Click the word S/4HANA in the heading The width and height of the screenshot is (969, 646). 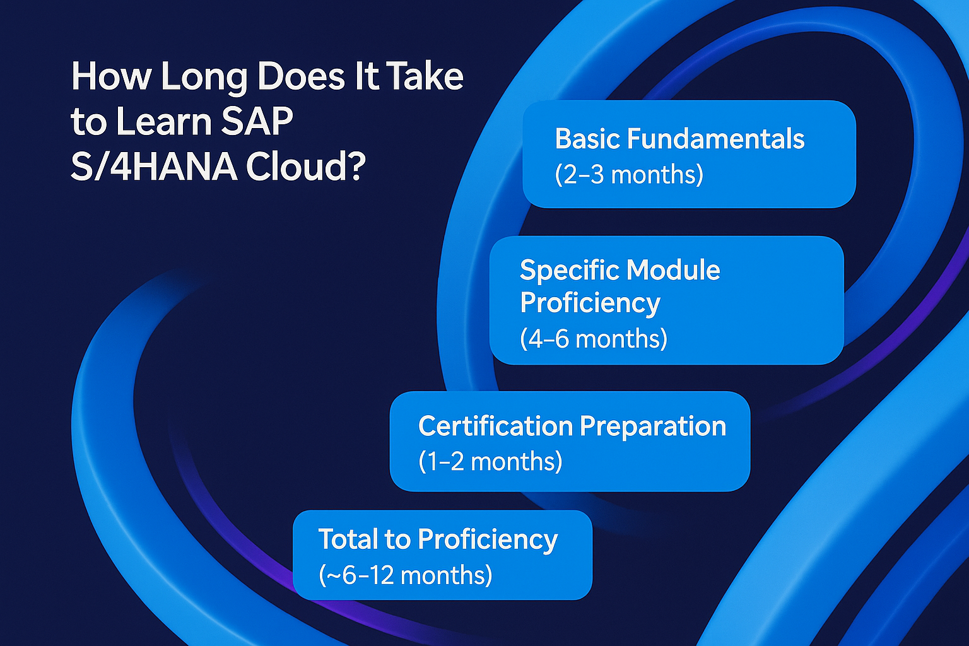pyautogui.click(x=154, y=167)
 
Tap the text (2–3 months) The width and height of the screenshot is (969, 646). pyautogui.click(x=629, y=175)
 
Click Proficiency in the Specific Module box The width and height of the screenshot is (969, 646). pyautogui.click(x=590, y=303)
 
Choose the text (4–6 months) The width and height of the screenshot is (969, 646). pyautogui.click(x=594, y=338)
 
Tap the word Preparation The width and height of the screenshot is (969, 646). pyautogui.click(x=653, y=428)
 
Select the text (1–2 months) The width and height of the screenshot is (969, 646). pyautogui.click(x=490, y=461)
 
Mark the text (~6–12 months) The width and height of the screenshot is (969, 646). pyautogui.click(x=406, y=575)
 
